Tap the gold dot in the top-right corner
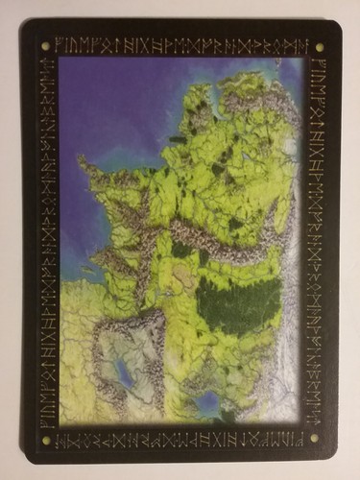click(318, 45)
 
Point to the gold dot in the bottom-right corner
click(314, 438)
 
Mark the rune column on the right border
click(316, 240)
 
